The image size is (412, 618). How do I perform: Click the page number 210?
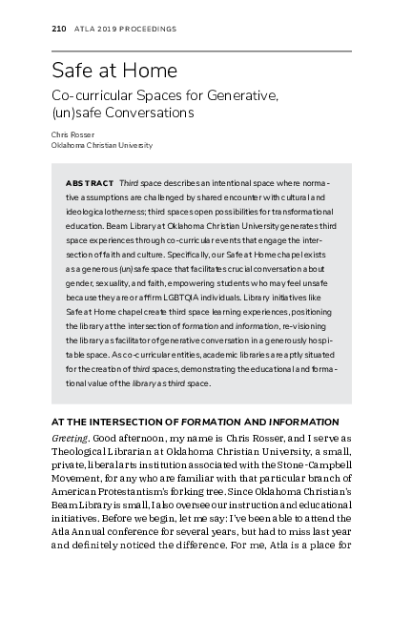(57, 30)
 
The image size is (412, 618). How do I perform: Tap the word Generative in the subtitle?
(242, 95)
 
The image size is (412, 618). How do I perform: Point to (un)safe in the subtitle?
(76, 113)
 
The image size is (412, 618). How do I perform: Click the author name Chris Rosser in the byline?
(72, 135)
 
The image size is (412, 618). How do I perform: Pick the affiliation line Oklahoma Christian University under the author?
(101, 146)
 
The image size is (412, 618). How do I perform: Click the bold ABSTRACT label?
(89, 182)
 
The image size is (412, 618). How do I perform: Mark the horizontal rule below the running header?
(201, 51)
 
